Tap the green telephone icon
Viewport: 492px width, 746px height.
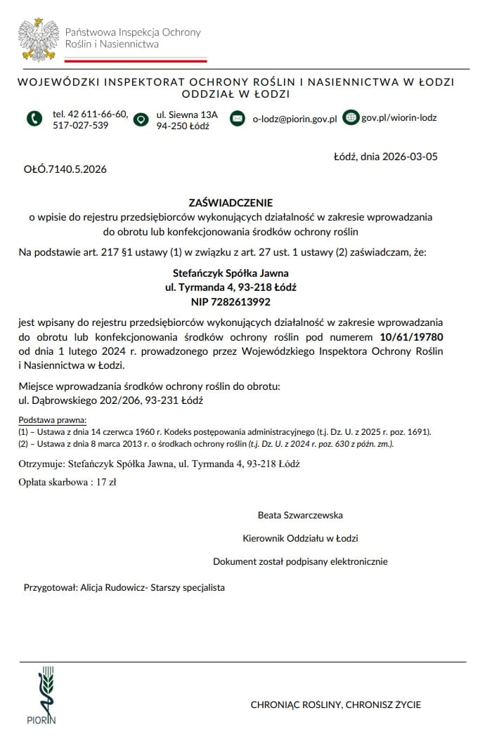[x=34, y=119]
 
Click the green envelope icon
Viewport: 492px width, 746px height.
[x=238, y=118]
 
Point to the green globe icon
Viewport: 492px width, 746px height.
[x=350, y=117]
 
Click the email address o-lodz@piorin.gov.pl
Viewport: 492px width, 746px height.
[x=294, y=119]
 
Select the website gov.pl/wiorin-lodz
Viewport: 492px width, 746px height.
[x=399, y=117]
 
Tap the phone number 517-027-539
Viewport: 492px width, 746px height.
[x=81, y=126]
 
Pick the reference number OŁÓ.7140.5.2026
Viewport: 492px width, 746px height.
[x=65, y=169]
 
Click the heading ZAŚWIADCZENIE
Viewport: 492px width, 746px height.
[x=231, y=202]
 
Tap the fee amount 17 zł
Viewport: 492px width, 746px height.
[x=106, y=482]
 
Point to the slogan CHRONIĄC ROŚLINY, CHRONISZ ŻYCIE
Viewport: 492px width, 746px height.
[x=336, y=704]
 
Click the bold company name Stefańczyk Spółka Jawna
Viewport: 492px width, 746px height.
[x=231, y=273]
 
